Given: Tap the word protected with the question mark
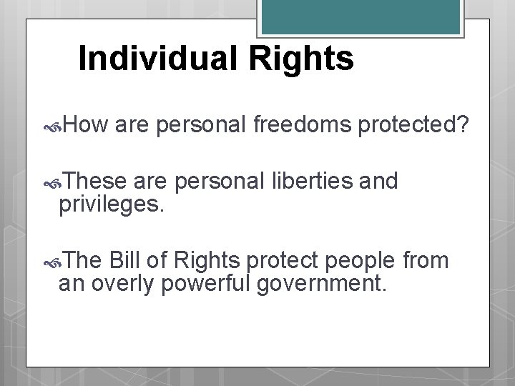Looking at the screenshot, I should click(x=413, y=127).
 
